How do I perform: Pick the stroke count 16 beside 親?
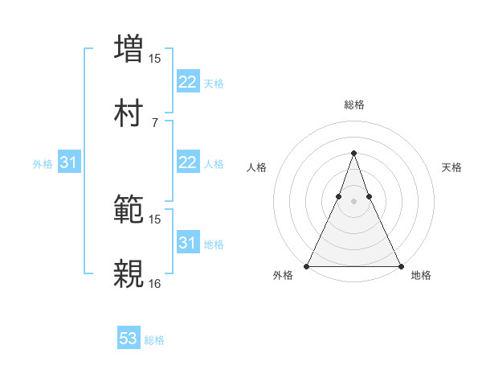coord(155,283)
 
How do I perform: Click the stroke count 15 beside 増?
coord(155,58)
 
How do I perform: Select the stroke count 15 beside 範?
coord(155,219)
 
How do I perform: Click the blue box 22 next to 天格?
coord(187,82)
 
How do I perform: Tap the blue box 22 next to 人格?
coord(187,162)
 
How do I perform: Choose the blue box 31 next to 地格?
coord(187,243)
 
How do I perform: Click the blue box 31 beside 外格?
coord(68,162)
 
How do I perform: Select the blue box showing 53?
coord(128,339)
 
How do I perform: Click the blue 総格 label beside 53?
coord(154,340)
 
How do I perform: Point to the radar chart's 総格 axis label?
coord(354,105)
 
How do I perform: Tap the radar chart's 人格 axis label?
coord(256,167)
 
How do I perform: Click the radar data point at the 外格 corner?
coord(308,265)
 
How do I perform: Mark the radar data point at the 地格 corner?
coord(400,265)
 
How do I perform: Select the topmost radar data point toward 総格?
coord(353,153)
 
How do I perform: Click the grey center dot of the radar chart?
coord(353,201)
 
